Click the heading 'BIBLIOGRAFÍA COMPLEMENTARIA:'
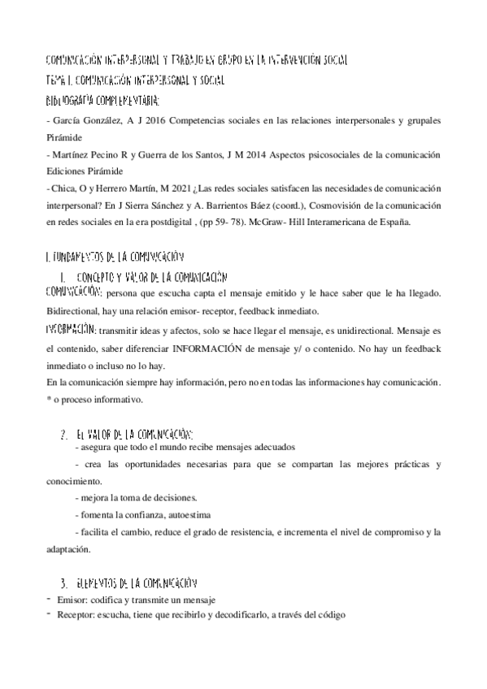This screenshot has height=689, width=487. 102,102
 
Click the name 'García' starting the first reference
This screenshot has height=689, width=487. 67,121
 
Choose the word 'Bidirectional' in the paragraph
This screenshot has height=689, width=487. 75,312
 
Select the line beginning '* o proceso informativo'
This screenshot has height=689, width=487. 95,399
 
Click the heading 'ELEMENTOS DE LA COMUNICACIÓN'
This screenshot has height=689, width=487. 137,583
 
